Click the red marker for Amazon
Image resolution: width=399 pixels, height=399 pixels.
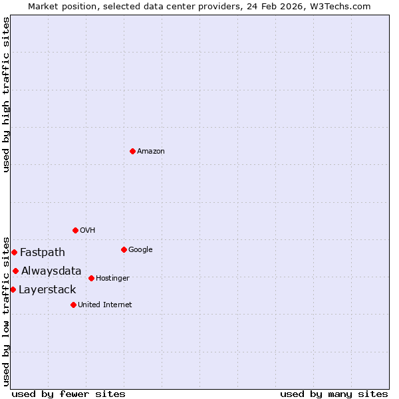click(132, 151)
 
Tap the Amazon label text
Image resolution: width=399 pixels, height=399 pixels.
click(151, 152)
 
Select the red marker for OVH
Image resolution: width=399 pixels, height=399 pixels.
click(75, 230)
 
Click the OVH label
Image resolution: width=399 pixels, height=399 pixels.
click(88, 231)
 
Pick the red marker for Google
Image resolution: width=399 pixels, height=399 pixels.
click(124, 249)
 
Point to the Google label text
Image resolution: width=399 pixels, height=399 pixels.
click(140, 250)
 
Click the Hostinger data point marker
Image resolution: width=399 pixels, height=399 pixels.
click(91, 278)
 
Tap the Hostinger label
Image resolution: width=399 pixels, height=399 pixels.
click(112, 279)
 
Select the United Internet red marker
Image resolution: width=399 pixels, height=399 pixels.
click(73, 305)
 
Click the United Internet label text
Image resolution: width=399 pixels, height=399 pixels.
click(105, 305)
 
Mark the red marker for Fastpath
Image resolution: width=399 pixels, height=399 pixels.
click(14, 252)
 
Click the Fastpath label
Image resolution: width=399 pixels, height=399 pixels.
click(43, 253)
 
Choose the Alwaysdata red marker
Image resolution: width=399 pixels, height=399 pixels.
click(15, 271)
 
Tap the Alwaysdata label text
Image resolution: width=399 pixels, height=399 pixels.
click(51, 271)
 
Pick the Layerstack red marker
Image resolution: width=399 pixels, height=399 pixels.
click(13, 289)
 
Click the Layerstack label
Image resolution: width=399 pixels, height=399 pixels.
click(47, 290)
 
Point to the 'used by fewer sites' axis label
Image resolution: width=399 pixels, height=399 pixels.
click(68, 394)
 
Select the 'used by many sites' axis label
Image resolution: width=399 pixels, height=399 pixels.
click(334, 394)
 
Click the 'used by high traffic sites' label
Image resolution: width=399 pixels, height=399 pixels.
click(6, 94)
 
